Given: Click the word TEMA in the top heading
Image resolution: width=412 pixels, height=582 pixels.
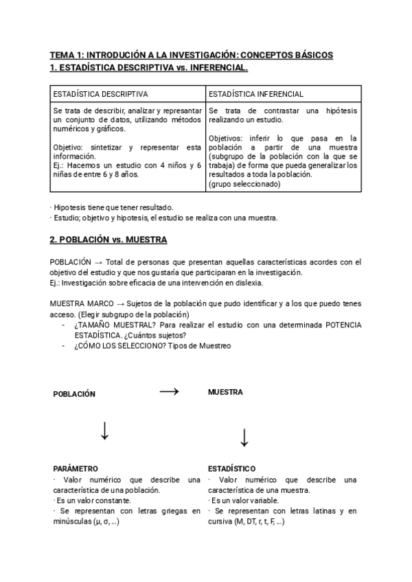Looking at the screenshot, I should pyautogui.click(x=62, y=54).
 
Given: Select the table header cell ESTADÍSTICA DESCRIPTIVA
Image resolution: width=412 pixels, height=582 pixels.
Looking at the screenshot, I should pyautogui.click(x=100, y=94).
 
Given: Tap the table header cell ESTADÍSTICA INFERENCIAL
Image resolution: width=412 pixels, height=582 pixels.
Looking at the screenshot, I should pyautogui.click(x=255, y=94).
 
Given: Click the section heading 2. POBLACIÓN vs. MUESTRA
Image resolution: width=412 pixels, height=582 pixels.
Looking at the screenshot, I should pyautogui.click(x=108, y=240).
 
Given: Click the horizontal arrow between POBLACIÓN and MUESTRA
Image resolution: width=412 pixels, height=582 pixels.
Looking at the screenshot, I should pyautogui.click(x=169, y=391).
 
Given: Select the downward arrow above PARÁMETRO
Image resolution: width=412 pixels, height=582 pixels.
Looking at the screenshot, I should pyautogui.click(x=104, y=431).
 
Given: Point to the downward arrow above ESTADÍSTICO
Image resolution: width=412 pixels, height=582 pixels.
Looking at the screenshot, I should pyautogui.click(x=244, y=436).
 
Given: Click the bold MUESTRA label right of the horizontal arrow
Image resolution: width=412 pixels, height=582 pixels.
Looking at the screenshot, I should pyautogui.click(x=225, y=392).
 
